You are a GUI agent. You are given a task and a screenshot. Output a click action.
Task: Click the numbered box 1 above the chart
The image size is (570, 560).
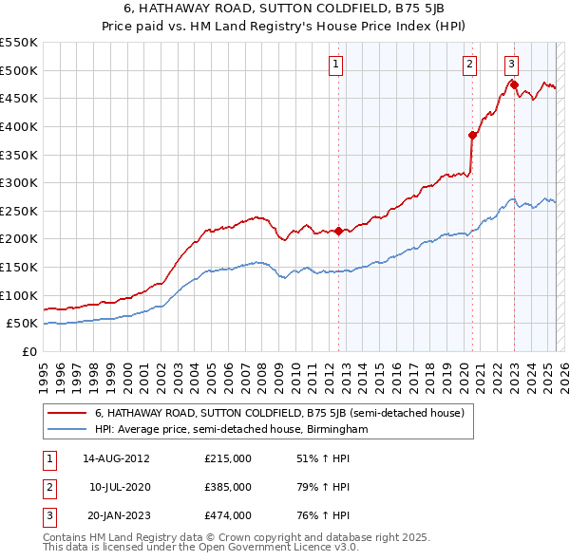[x=337, y=65]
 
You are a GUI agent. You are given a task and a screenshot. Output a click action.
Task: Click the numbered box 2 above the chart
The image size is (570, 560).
[x=470, y=65]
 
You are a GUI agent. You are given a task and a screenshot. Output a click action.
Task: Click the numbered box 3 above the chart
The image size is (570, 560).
[x=511, y=65]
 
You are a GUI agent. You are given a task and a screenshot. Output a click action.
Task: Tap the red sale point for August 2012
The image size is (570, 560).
[x=338, y=231]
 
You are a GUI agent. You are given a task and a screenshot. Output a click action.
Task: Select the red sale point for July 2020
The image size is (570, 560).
[x=472, y=135]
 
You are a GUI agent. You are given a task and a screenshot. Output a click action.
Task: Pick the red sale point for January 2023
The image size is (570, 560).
[x=514, y=84]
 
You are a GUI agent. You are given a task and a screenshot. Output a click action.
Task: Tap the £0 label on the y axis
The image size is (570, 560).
[x=29, y=351]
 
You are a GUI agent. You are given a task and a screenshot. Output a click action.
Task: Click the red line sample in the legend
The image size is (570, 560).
[x=66, y=414]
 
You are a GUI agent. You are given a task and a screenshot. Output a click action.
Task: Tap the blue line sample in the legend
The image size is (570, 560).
[x=66, y=430]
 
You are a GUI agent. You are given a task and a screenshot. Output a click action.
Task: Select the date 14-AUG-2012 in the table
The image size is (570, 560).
[x=117, y=458]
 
